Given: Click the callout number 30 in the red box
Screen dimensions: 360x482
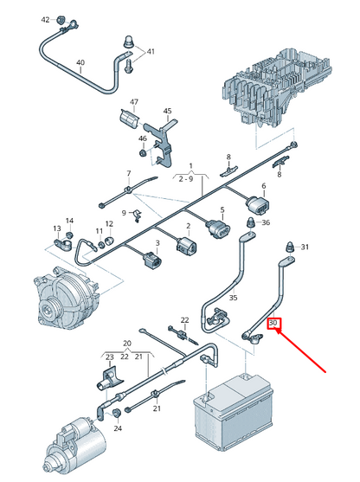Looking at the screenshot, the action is pos(273,323).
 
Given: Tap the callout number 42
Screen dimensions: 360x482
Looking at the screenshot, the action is pos(46,20).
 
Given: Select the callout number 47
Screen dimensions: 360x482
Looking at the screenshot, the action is pos(134,102).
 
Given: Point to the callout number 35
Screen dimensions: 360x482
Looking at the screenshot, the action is pos(234,298).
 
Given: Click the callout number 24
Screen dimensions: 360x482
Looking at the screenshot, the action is pos(118,428).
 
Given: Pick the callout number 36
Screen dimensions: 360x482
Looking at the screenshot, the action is pos(266,222).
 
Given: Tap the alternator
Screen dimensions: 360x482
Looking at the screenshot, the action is pos(66,298).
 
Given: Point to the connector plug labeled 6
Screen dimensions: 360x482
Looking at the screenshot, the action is pos(257,205).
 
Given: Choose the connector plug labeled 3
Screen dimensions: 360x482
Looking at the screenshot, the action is pos(151,260).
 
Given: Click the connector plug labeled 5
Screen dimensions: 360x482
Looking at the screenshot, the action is pos(219,229).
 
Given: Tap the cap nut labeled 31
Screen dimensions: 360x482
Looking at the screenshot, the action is pos(290,247).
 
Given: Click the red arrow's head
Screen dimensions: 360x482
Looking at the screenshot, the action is pos(278,331).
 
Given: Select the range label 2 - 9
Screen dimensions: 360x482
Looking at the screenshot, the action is pos(186,178).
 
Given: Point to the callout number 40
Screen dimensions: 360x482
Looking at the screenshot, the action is pos(80,62).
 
